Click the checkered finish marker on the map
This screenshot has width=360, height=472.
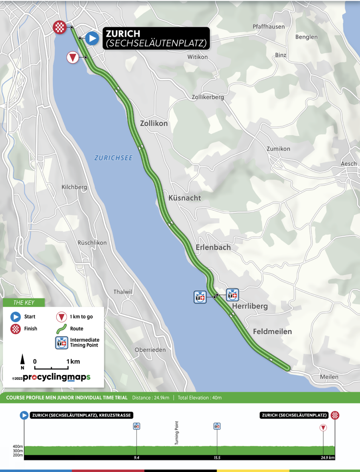60,27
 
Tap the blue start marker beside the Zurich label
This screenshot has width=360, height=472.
92,38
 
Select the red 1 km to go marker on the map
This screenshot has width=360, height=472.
72,57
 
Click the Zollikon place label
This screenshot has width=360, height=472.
154,123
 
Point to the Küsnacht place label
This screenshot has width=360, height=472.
185,198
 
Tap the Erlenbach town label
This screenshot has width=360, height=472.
213,247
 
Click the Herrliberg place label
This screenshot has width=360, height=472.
250,306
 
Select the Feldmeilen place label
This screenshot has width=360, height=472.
272,331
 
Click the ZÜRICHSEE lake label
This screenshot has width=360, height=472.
113,158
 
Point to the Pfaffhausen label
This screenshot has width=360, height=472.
268,27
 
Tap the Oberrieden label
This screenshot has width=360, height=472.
150,350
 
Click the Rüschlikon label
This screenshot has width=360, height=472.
92,243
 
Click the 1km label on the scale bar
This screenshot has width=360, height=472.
73,362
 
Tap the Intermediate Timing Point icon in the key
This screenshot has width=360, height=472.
62,343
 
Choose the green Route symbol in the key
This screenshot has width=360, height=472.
62,329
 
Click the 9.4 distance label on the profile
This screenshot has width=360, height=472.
136,458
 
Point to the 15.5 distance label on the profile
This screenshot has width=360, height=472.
217,458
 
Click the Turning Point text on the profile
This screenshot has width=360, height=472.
177,433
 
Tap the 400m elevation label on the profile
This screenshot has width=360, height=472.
18,446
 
